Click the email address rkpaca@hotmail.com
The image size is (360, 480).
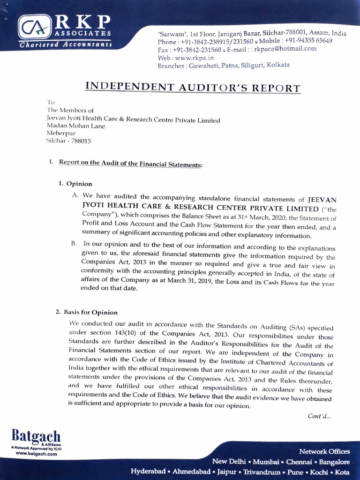(285, 49)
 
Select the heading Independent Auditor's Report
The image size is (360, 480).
(193, 88)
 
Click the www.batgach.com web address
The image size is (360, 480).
(36, 454)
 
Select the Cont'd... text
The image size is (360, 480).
(319, 416)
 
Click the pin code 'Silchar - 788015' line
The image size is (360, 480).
(68, 141)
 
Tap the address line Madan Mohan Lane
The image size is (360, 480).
(76, 126)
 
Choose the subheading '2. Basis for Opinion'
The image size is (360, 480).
(87, 312)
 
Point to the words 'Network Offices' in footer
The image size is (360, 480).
(324, 451)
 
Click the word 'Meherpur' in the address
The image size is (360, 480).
(61, 133)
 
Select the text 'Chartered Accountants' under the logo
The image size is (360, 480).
(66, 45)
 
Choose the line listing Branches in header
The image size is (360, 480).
(224, 66)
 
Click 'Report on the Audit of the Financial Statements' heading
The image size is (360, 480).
(130, 163)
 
